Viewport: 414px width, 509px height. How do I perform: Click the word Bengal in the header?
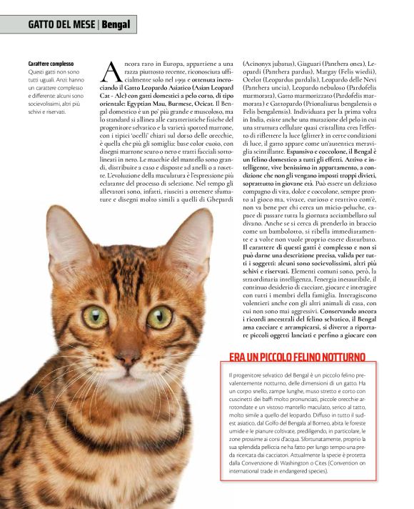click(x=116, y=25)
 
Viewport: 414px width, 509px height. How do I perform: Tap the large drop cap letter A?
click(x=111, y=71)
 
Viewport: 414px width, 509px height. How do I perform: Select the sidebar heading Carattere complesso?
click(x=51, y=64)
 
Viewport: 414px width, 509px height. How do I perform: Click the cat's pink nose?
click(x=128, y=355)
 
